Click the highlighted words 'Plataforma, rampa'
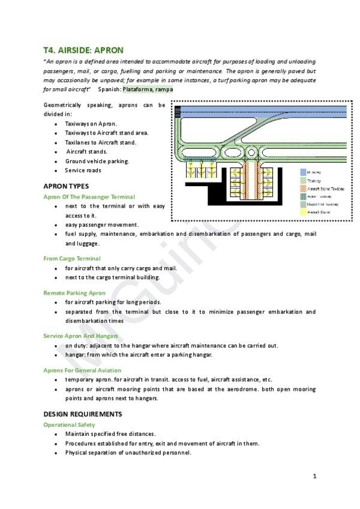(148, 89)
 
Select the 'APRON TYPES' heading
(66, 186)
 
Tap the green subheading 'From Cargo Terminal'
(72, 259)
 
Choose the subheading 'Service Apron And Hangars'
(80, 336)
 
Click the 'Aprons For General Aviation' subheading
(82, 370)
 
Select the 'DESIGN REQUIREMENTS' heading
(83, 414)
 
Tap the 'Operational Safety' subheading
(69, 424)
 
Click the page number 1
(314, 477)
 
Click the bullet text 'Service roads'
(83, 170)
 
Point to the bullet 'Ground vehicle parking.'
(97, 161)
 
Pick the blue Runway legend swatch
(304, 172)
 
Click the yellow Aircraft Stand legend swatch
(304, 212)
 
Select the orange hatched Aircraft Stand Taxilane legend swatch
(304, 188)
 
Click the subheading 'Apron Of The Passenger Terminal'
(89, 196)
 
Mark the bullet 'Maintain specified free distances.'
(110, 434)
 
